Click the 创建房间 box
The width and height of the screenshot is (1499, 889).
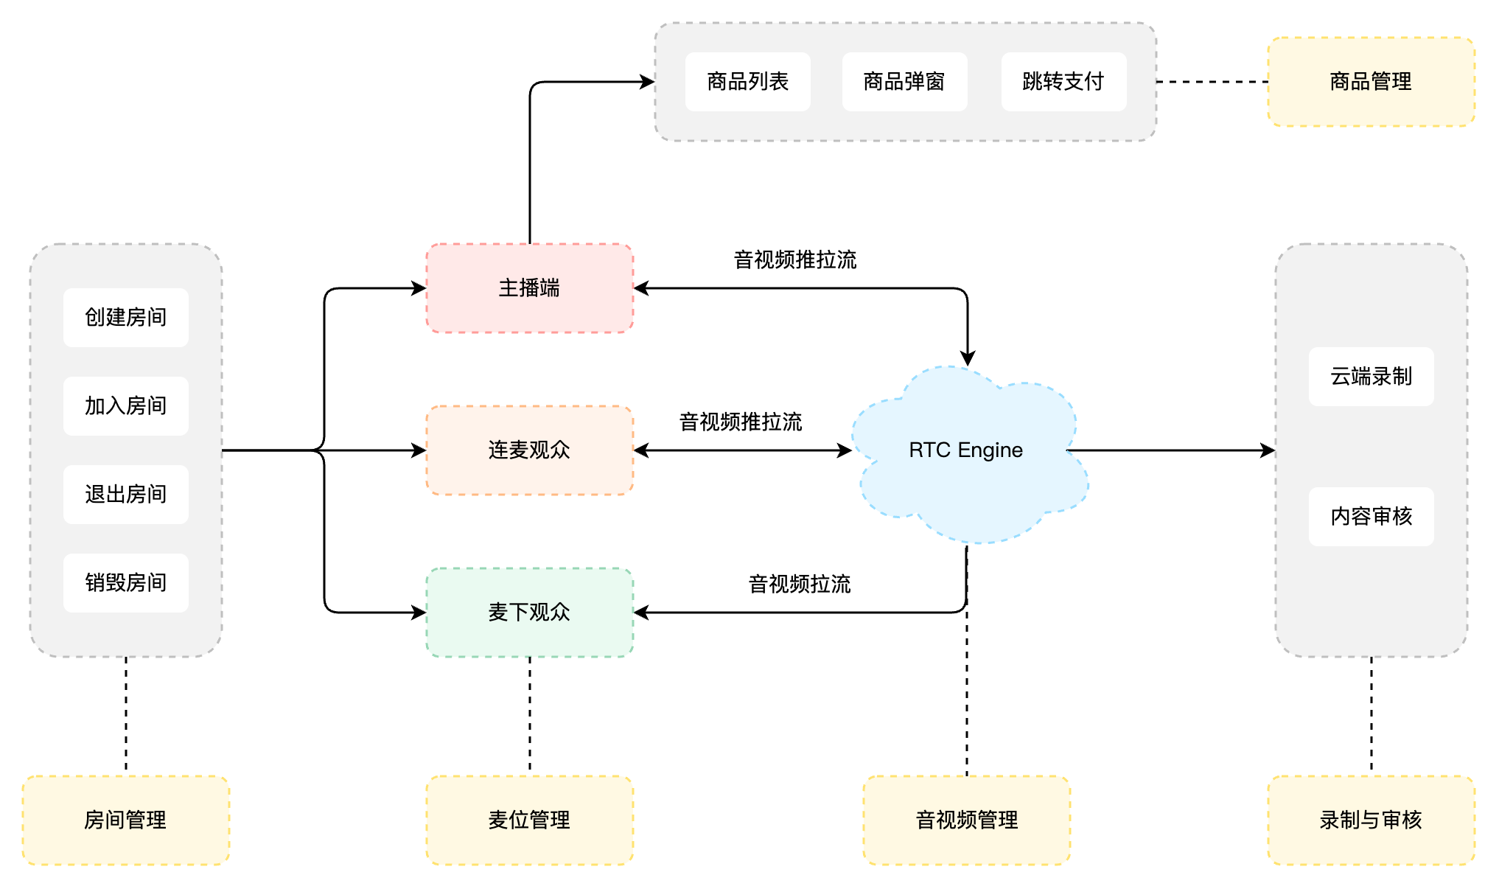click(x=126, y=318)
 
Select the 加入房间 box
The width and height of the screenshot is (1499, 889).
click(x=126, y=406)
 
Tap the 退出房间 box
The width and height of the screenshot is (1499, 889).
click(x=126, y=495)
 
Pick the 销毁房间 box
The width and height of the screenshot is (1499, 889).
click(x=126, y=583)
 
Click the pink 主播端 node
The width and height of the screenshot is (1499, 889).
click(x=529, y=288)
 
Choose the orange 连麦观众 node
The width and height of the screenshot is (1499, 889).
click(x=529, y=450)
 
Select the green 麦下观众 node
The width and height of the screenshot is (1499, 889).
click(x=529, y=613)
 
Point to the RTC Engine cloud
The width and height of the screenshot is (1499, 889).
click(x=965, y=450)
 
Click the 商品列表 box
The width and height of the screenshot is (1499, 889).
click(x=747, y=82)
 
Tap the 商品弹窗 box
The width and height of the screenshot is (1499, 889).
click(x=904, y=82)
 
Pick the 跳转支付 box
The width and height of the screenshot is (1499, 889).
click(x=1063, y=82)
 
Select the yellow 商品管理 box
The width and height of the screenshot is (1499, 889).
click(x=1371, y=82)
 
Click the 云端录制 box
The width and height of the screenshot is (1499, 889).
click(x=1371, y=377)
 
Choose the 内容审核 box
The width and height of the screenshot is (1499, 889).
click(x=1371, y=517)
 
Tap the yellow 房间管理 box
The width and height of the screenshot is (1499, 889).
click(x=126, y=820)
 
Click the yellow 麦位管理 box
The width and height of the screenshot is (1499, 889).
click(x=529, y=820)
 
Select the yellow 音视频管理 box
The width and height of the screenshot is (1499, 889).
click(x=966, y=820)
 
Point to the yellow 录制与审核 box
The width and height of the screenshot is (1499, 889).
click(x=1371, y=820)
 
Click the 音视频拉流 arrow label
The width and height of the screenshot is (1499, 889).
click(x=800, y=585)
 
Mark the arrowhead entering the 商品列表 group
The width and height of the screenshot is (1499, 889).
click(x=648, y=82)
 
